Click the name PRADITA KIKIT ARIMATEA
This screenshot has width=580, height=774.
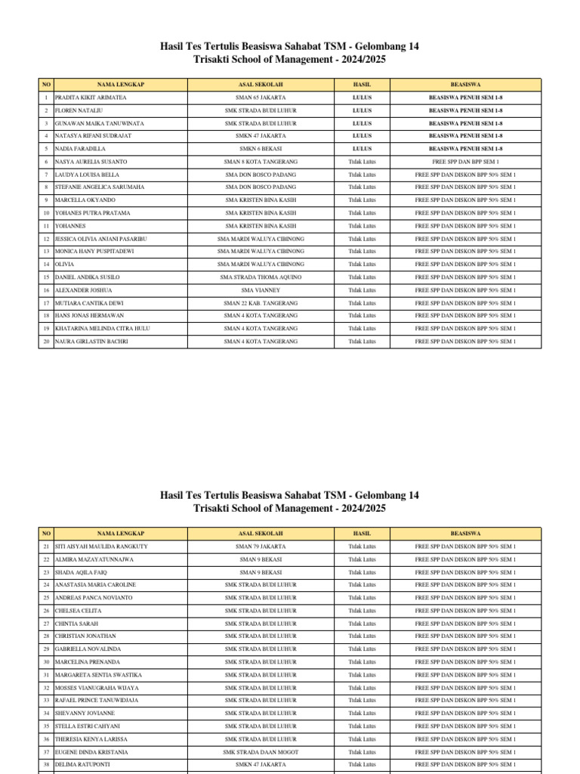(91, 98)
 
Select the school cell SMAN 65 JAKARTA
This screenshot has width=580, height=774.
(261, 98)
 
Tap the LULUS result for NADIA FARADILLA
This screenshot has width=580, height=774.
(362, 149)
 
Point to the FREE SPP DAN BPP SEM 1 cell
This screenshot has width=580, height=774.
(465, 162)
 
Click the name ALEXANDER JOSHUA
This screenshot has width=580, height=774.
(84, 290)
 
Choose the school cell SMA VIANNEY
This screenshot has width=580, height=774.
(261, 290)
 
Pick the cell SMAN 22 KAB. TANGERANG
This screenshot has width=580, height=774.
(261, 303)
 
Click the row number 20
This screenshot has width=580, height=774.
(45, 342)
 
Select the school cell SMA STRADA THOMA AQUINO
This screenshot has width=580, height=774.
(261, 277)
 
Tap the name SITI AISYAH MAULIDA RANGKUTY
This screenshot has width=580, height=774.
(101, 546)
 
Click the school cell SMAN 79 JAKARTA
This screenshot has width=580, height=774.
(261, 546)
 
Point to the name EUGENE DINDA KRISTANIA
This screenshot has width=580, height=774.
(91, 752)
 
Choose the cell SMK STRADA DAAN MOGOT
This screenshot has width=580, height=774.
(261, 752)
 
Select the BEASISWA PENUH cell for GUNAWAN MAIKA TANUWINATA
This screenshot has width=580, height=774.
(465, 123)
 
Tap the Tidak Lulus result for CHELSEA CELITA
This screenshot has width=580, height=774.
(362, 611)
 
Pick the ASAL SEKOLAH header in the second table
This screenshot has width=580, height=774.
(261, 533)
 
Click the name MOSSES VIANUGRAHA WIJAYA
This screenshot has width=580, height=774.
(97, 688)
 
